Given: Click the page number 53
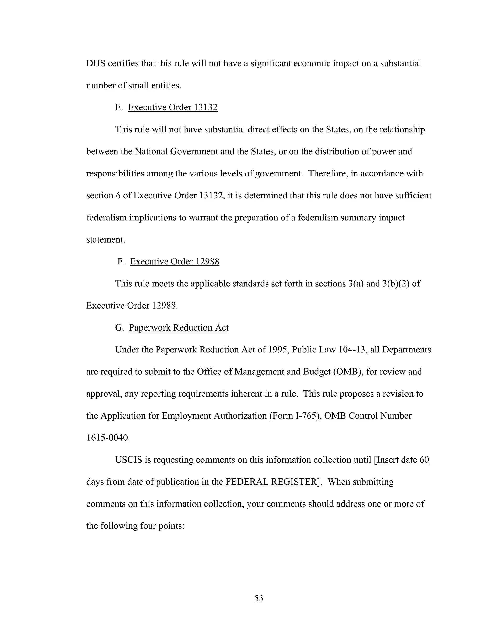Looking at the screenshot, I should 258,598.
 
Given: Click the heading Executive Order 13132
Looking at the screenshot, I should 173,107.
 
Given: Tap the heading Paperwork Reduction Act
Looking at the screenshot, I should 179,328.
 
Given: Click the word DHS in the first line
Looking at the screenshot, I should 96,63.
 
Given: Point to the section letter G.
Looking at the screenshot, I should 119,328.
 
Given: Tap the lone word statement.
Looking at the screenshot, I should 106,240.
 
